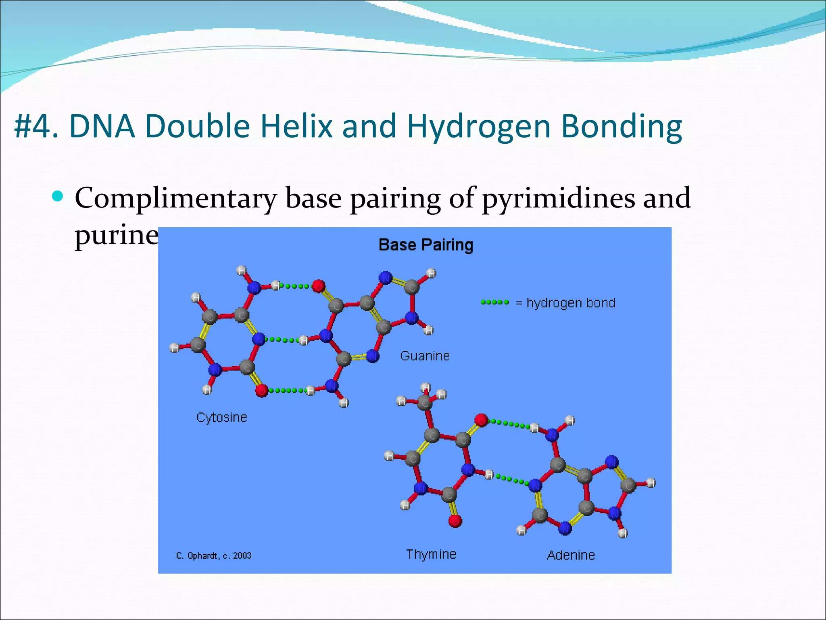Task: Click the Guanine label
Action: [x=425, y=356]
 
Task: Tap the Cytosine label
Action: [x=221, y=417]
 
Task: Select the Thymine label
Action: [x=431, y=554]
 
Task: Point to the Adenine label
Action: [x=571, y=555]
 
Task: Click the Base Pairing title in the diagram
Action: [x=426, y=245]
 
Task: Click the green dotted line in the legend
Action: [x=495, y=302]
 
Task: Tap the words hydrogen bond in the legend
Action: [x=571, y=303]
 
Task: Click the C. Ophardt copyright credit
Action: [x=213, y=556]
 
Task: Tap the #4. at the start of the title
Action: [x=36, y=126]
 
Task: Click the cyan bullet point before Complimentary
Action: [x=58, y=197]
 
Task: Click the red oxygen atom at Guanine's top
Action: [x=318, y=286]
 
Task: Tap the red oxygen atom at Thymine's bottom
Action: [x=455, y=521]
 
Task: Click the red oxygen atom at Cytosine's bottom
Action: [x=261, y=390]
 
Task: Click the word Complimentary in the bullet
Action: [x=175, y=198]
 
